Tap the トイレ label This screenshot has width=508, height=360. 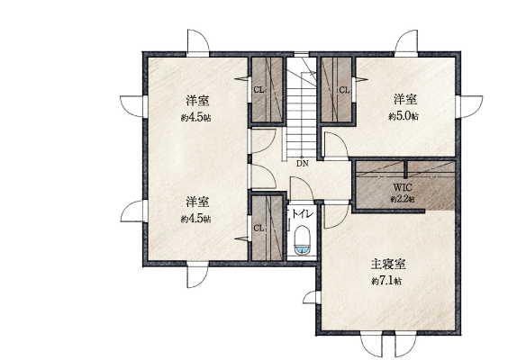(303, 214)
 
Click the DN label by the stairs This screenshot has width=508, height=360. (303, 164)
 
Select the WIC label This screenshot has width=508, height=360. (403, 187)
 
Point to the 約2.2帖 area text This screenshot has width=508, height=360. (403, 199)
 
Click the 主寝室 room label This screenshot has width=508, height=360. (388, 265)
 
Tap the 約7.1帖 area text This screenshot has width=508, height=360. (386, 281)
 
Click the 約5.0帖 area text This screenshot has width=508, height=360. (404, 115)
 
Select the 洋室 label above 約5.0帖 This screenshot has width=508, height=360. (405, 99)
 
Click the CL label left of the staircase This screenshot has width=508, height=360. (259, 90)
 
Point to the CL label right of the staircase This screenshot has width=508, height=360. (345, 90)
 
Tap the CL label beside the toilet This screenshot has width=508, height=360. (259, 229)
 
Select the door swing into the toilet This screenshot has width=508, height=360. (301, 188)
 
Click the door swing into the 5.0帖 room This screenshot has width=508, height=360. (336, 146)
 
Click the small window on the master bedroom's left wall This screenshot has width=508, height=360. (313, 297)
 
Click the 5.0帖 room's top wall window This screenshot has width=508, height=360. (406, 43)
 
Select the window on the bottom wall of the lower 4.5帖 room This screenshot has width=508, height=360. (197, 274)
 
